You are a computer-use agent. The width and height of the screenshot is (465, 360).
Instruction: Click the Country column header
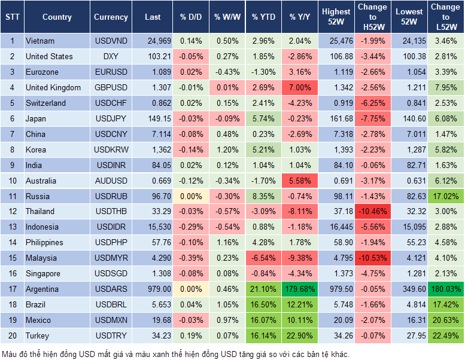click(x=57, y=17)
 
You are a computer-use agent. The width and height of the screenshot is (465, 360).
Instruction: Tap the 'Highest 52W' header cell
click(x=336, y=17)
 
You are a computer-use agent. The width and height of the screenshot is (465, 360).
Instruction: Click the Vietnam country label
click(x=40, y=41)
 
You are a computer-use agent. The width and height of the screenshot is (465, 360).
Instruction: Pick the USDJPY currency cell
click(x=111, y=118)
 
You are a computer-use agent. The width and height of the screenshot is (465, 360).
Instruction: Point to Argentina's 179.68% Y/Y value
click(x=300, y=289)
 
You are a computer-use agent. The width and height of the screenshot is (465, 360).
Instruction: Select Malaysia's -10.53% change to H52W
click(x=372, y=258)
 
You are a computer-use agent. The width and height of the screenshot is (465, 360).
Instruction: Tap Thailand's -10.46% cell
click(x=372, y=212)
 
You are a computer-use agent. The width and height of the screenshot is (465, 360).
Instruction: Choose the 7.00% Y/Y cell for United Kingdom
click(x=300, y=88)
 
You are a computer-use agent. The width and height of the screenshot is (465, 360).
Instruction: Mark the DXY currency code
click(x=111, y=57)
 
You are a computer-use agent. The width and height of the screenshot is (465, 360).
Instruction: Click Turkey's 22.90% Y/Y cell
click(x=300, y=336)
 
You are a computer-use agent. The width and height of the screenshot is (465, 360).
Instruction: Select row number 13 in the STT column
click(x=12, y=227)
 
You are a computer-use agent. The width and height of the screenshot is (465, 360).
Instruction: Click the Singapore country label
click(x=43, y=274)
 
